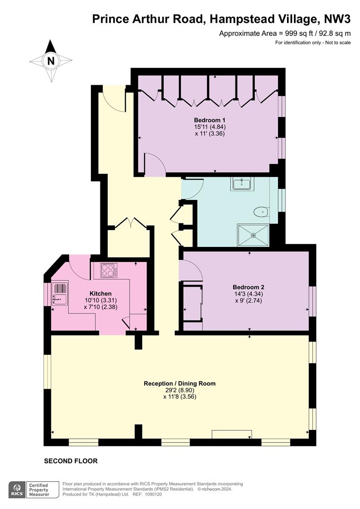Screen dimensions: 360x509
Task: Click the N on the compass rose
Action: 51,61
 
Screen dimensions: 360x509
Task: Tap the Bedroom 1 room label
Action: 210,120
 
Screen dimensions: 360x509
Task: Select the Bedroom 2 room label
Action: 248,287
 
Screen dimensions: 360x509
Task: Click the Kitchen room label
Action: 101,294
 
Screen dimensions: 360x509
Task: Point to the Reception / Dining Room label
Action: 180,383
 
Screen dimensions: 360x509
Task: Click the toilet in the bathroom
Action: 261,212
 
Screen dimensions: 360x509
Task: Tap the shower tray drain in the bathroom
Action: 254,235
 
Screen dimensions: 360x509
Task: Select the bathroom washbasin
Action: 242,184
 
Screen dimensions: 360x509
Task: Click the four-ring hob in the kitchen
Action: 109,270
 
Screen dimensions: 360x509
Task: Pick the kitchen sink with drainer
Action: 59,294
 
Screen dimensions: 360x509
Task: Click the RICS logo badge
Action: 17,490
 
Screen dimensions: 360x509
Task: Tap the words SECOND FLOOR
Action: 71,461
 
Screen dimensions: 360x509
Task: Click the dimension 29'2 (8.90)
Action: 180,390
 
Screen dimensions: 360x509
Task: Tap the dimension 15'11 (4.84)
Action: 210,127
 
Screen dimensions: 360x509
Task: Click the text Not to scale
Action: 338,42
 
